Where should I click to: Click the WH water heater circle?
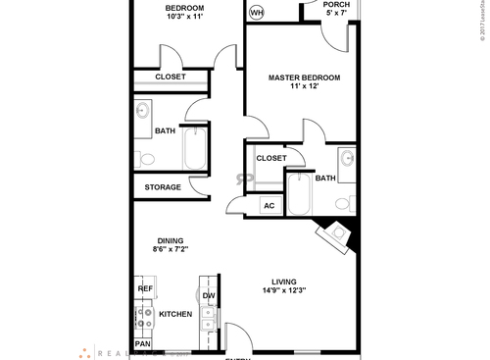tap(257, 13)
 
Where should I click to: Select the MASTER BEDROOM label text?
tap(305, 77)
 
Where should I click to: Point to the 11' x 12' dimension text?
tap(305, 88)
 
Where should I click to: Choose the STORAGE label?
tap(162, 187)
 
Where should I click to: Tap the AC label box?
tap(269, 206)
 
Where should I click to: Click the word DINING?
tap(171, 240)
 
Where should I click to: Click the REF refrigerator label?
tap(145, 289)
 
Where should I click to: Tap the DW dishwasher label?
tap(209, 295)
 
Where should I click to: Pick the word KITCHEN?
tap(175, 315)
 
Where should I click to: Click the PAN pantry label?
tap(142, 344)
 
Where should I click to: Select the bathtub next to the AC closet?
tap(299, 197)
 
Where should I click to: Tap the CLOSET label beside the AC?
tap(271, 158)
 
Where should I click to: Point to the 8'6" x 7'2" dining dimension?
tap(171, 250)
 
